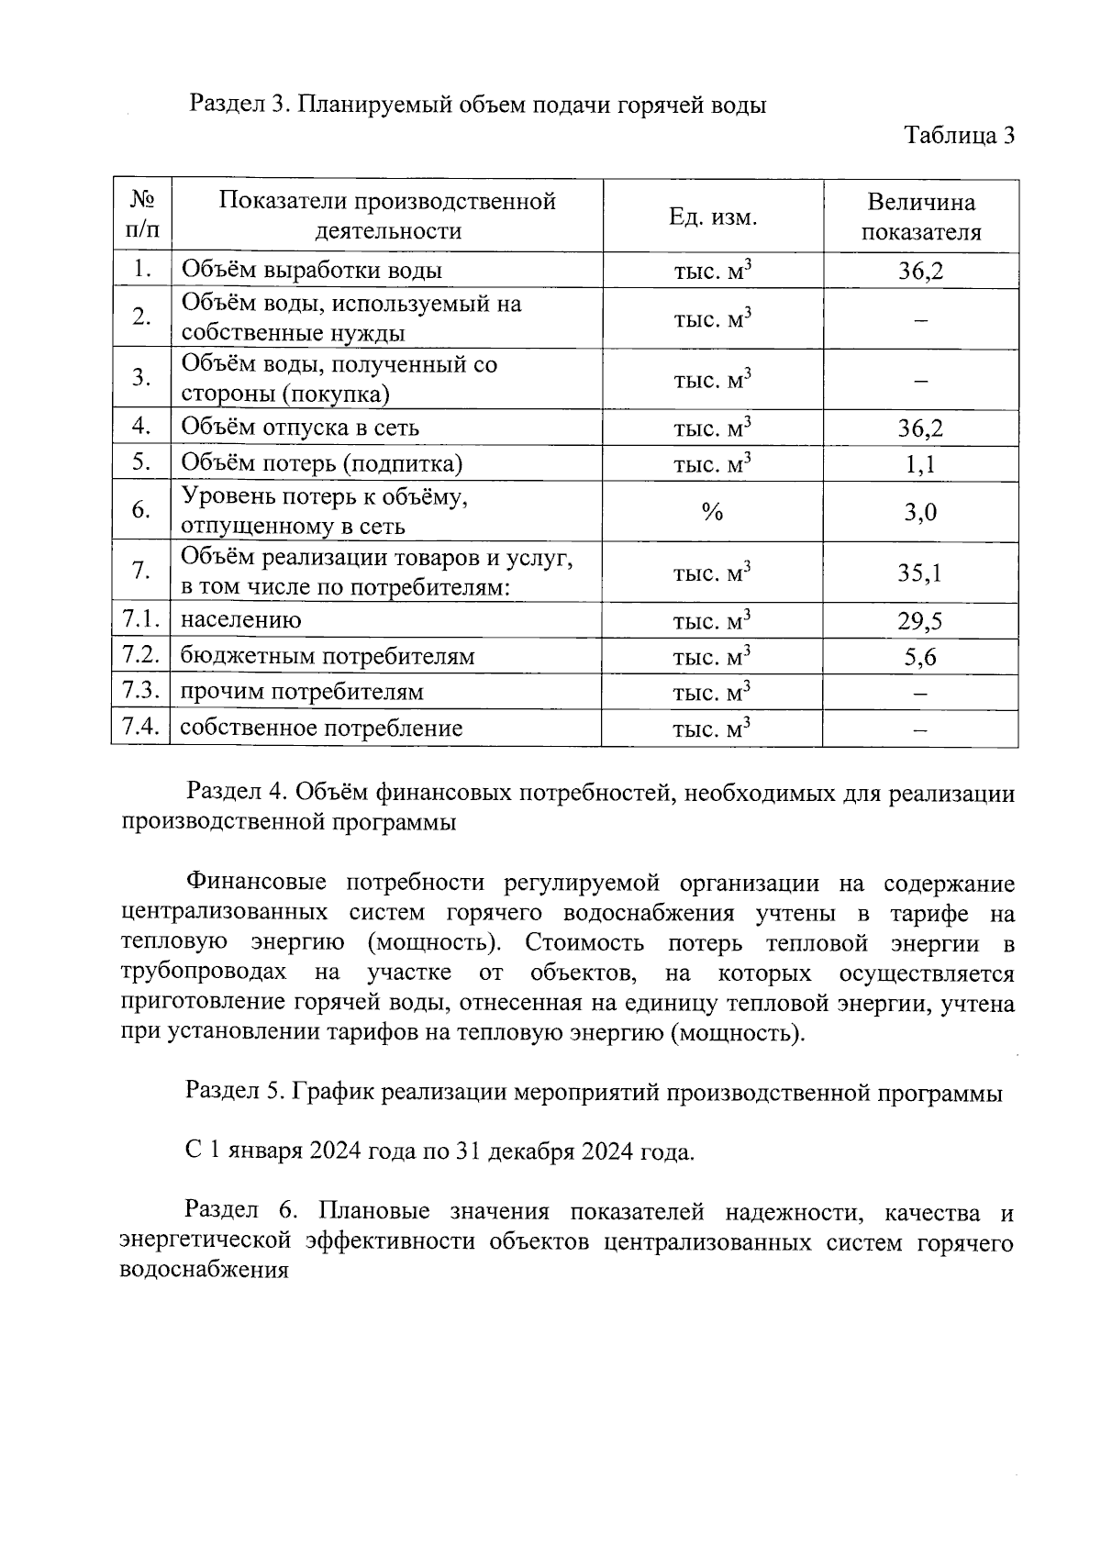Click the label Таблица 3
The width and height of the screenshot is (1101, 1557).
point(959,136)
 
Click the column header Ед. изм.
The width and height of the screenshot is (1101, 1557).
point(712,217)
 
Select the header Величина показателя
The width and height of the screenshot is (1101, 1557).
point(920,217)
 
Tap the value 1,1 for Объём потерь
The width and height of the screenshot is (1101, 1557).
point(920,464)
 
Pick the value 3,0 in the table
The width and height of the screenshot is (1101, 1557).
point(920,512)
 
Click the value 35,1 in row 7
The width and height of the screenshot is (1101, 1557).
point(920,573)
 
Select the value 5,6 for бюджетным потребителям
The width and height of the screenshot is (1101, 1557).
point(920,657)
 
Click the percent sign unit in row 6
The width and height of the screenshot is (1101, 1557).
point(712,513)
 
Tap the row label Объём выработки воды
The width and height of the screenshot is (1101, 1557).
point(312,271)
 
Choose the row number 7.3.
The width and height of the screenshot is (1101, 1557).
point(141,691)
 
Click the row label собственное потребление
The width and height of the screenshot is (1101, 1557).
point(321,728)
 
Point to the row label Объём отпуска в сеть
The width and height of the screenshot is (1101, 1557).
point(300,428)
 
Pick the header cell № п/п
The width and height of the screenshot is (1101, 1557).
point(141,216)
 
